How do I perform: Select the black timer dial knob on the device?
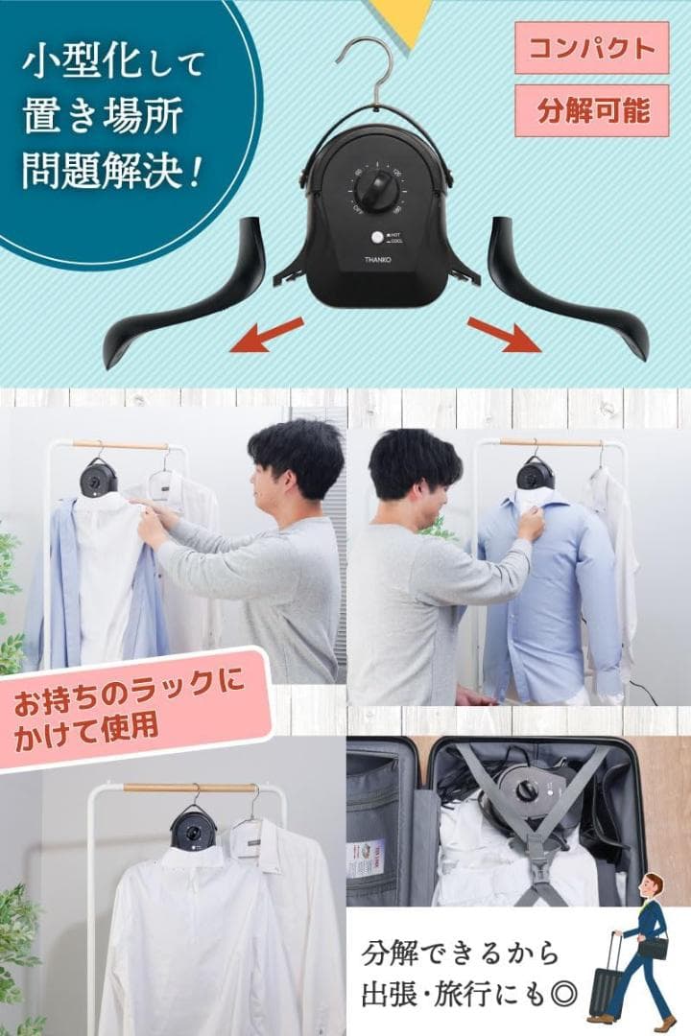(x=381, y=181)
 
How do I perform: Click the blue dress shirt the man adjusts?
(x=537, y=595)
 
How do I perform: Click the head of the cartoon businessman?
(x=654, y=887)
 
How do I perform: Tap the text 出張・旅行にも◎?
(x=461, y=993)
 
